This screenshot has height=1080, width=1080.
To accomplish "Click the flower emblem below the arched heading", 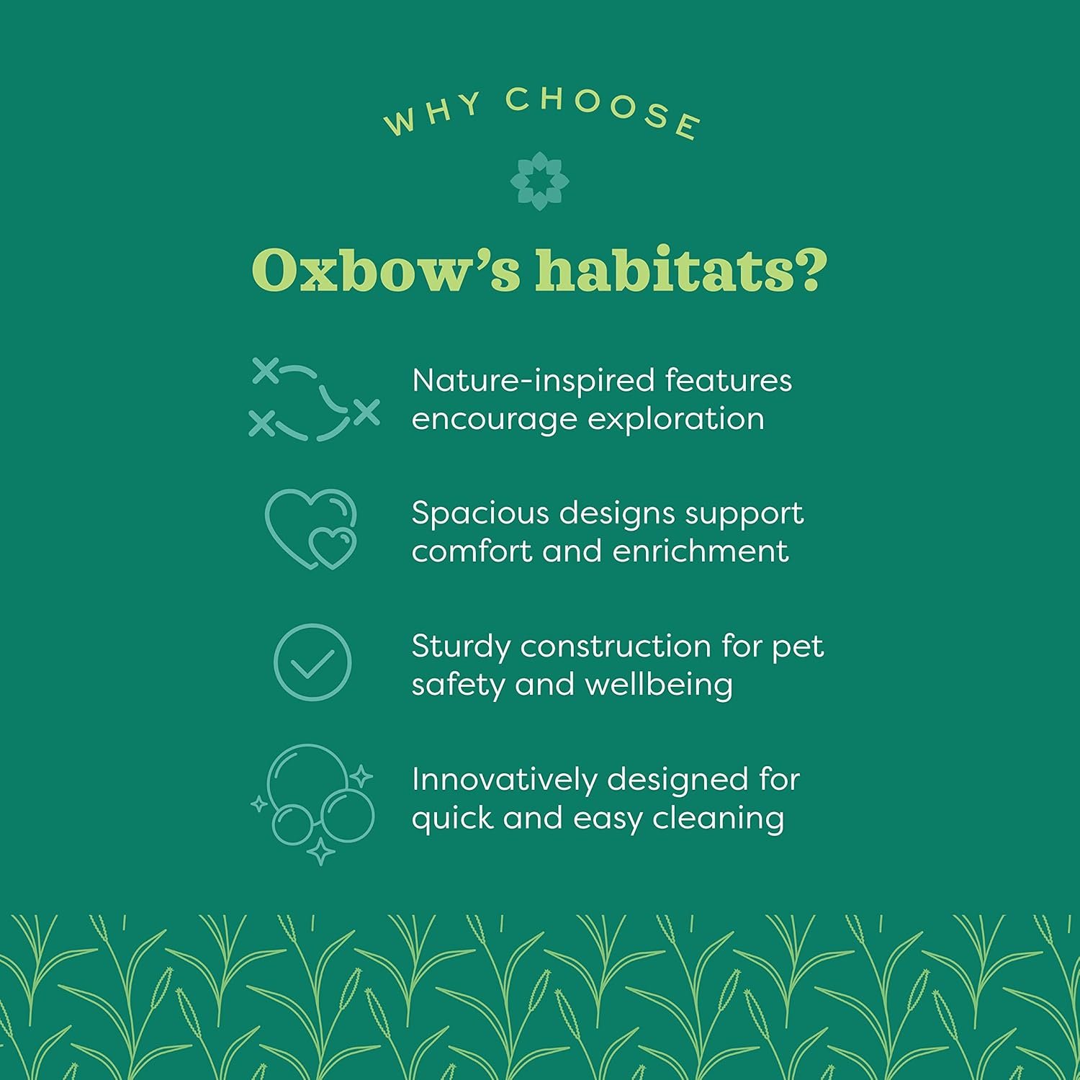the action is point(539,181).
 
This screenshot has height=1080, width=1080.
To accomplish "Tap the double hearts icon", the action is point(311,529).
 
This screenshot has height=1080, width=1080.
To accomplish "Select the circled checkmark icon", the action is point(312,662).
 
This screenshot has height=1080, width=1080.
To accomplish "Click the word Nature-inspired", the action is point(533,381).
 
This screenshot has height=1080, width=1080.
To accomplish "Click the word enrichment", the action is point(701,552).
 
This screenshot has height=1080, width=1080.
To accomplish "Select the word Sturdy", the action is point(462,647).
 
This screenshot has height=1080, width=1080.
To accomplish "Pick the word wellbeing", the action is point(659,685).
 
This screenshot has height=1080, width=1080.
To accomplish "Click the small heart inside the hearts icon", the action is point(332,547).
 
